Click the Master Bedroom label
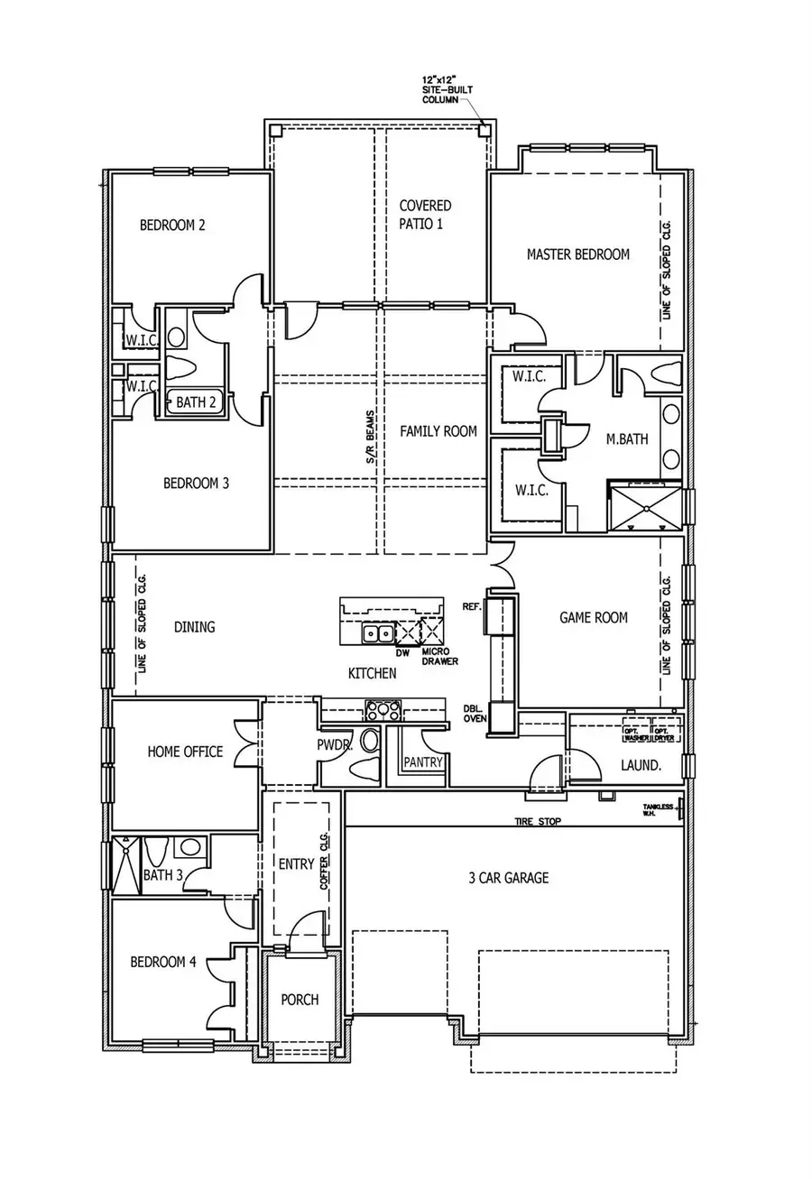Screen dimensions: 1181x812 coord(577,254)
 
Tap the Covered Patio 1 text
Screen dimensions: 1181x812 coord(426,215)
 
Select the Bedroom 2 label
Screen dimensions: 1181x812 coord(171,225)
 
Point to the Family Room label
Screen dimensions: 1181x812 coord(438,431)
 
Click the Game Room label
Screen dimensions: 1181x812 coord(593,618)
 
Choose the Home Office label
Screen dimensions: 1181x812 coord(185,751)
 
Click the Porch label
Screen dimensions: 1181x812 coord(300,1000)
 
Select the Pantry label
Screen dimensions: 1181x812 coord(423,762)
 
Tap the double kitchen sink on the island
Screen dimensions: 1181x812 coord(377,633)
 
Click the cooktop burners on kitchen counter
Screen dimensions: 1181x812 coord(383,710)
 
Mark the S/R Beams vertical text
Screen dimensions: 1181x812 coord(371,445)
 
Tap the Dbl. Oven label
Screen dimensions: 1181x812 coord(475,714)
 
